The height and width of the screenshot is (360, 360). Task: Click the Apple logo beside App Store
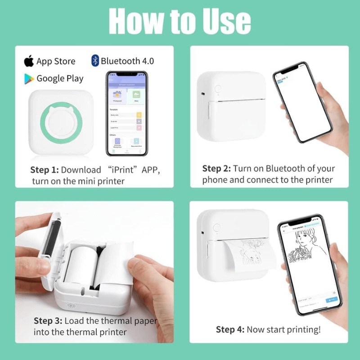29,61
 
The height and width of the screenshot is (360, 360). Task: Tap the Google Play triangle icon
29,79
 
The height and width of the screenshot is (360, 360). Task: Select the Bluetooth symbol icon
95,61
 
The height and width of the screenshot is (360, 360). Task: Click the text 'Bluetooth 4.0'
127,61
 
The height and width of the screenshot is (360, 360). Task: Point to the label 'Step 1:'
44,170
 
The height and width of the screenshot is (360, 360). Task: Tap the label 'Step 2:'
216,169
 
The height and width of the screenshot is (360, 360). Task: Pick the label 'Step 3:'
48,321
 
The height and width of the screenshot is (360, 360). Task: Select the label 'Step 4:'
230,329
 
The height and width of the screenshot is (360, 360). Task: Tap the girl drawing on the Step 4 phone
306,256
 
